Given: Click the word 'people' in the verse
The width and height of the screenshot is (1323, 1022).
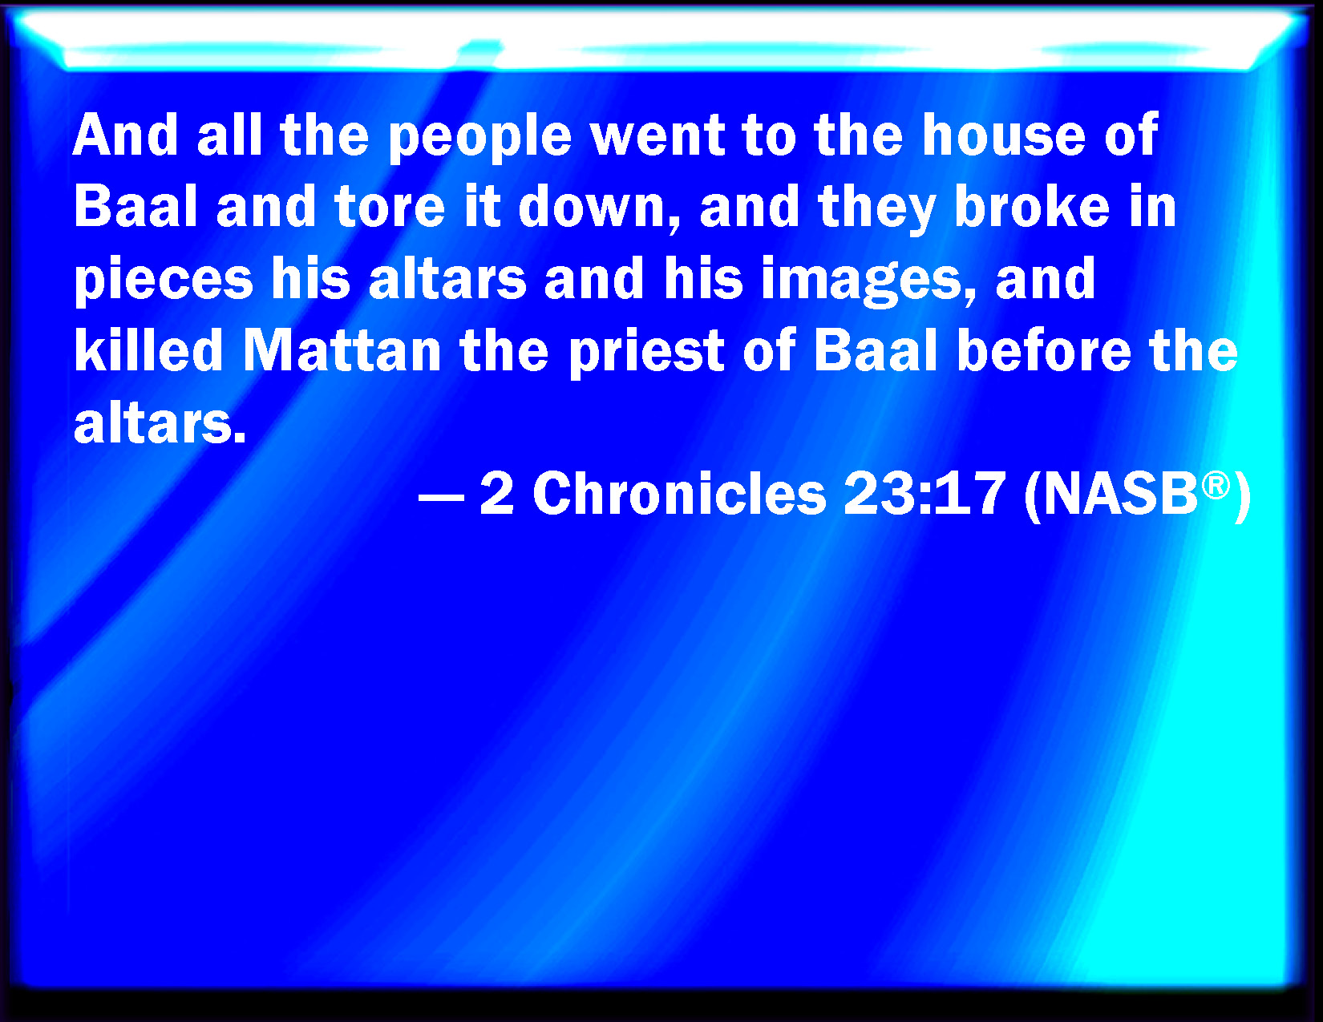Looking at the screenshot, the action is point(479,138).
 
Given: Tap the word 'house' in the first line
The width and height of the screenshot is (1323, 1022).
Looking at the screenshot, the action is point(1003,135).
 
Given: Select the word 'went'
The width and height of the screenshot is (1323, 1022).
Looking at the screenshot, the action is point(657,138).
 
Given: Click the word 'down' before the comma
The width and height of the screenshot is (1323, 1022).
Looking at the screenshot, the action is point(591,207).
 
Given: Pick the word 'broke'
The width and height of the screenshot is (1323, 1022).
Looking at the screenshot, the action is point(1031,207).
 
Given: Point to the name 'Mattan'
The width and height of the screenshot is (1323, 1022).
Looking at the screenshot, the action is point(342,352).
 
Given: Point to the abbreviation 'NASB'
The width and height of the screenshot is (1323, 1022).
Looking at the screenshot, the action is point(1121,494).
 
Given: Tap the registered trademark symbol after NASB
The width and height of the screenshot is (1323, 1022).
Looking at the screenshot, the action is point(1216,485).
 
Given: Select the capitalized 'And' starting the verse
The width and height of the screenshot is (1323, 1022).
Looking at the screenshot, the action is point(125,135).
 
